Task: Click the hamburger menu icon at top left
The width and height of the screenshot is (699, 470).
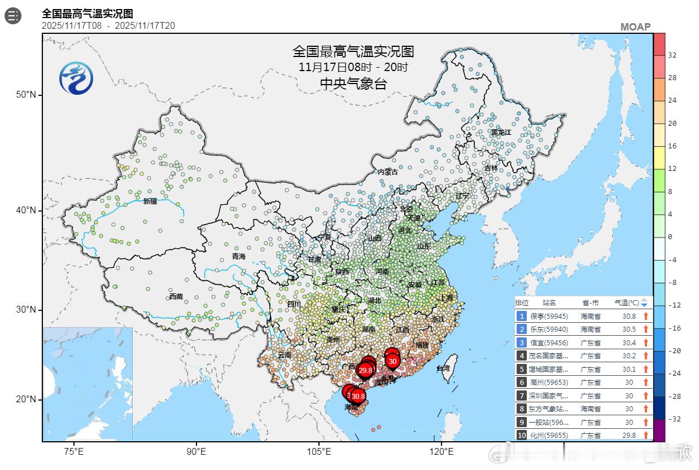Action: [x=13, y=16]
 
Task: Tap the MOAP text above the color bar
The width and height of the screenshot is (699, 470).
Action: [x=635, y=27]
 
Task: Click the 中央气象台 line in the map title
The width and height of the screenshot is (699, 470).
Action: [x=353, y=84]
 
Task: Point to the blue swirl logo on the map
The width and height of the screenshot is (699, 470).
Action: [x=76, y=77]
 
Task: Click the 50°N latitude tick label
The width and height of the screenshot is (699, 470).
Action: [x=25, y=94]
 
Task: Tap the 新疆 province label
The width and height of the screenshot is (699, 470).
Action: [x=150, y=201]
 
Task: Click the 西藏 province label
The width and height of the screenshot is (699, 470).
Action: [x=176, y=296]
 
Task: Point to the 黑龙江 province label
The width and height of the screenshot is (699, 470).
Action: [x=500, y=132]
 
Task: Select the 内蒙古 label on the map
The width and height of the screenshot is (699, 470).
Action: [x=388, y=172]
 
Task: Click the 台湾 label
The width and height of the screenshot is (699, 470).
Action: [x=443, y=368]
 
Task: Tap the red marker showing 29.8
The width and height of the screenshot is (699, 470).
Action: [x=365, y=370]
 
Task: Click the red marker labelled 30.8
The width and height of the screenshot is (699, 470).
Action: [x=357, y=396]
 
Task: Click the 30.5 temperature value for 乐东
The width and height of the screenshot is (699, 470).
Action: [x=628, y=330]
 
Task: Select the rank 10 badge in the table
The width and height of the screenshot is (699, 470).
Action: [x=521, y=435]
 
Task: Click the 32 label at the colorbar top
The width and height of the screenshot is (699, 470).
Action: [x=672, y=55]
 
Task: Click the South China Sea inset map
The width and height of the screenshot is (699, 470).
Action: [x=88, y=384]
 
